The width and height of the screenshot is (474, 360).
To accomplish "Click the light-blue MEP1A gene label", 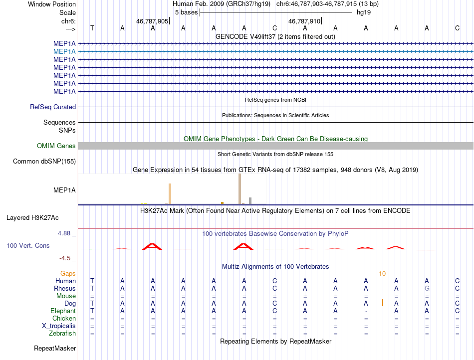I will click(65, 51).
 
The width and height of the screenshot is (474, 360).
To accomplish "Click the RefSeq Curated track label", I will click(53, 107).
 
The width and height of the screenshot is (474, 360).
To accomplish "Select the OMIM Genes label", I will click(56, 146).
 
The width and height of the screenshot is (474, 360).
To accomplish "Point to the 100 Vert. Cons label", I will click(28, 246).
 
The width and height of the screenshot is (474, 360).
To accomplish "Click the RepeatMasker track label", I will click(55, 348).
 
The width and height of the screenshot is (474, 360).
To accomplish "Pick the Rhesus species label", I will click(65, 289).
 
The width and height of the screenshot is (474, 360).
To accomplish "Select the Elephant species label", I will click(63, 311).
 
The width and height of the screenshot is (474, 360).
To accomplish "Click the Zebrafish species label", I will click(62, 334).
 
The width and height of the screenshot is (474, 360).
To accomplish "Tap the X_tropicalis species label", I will click(59, 326).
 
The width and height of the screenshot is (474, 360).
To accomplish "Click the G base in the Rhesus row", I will click(427, 289).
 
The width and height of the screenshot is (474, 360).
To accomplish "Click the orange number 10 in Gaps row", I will click(382, 274).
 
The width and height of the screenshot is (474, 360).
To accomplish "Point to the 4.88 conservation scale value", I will click(66, 233).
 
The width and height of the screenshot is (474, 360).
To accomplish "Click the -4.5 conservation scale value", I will click(67, 258).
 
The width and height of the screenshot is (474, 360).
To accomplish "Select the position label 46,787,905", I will click(152, 21).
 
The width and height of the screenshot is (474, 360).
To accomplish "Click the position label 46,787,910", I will click(304, 21).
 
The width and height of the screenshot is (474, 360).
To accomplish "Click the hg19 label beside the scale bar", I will click(363, 13).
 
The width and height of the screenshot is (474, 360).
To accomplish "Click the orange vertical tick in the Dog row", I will click(382, 302).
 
